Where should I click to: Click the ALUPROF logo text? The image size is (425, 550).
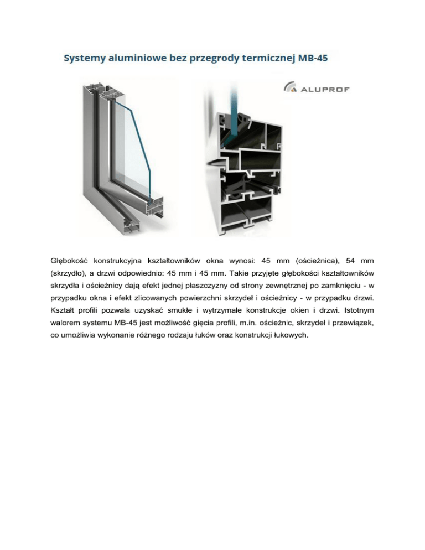click(325, 89)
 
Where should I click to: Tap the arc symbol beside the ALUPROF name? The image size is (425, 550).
click(290, 87)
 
